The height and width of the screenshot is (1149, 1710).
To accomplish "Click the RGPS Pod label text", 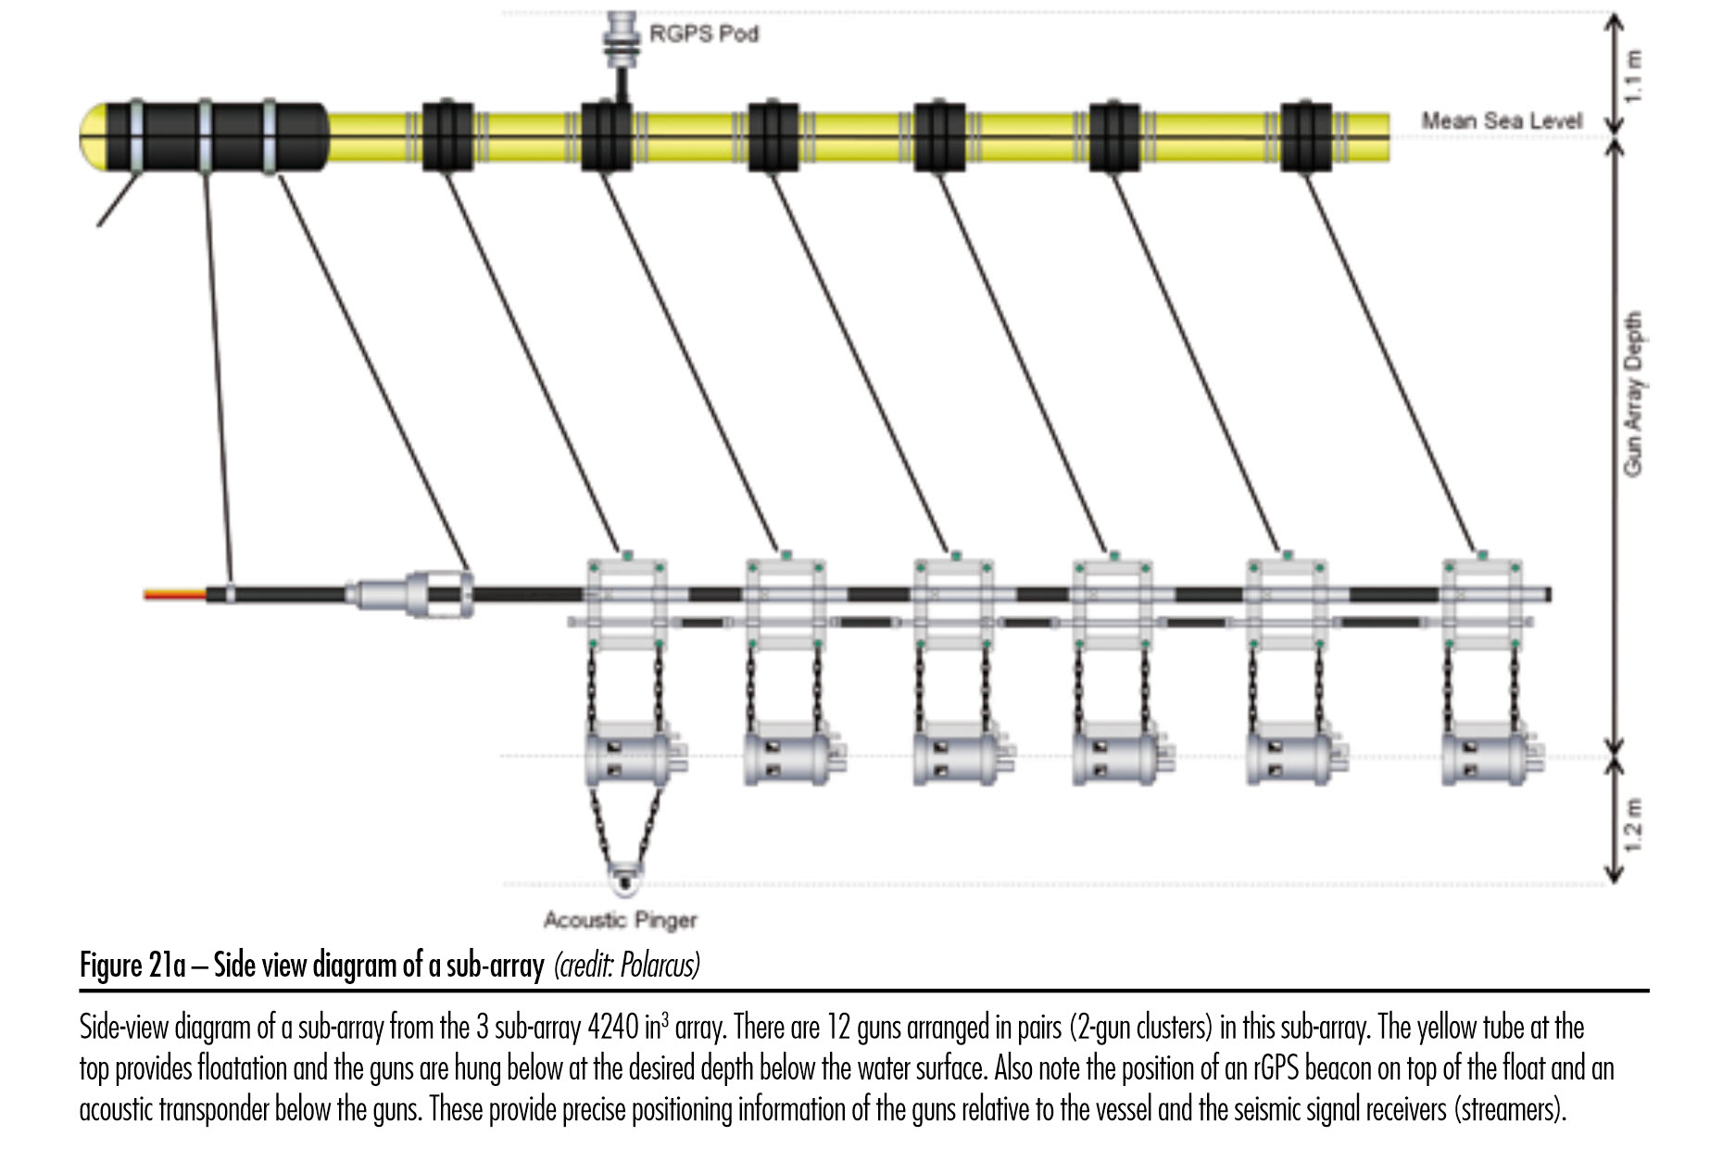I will [x=703, y=34].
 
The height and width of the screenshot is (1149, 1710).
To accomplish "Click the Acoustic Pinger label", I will [x=620, y=920].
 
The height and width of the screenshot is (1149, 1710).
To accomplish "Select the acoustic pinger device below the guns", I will [x=625, y=876].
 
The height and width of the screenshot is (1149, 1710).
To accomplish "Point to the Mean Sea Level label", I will [x=1502, y=120].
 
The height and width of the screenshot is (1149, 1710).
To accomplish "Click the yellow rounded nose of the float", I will [x=94, y=137].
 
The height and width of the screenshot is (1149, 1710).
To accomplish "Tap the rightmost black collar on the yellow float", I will [x=1306, y=136].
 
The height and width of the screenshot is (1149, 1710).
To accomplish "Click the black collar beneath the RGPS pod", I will [x=607, y=136].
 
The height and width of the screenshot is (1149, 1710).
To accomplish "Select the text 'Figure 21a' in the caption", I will [x=132, y=966].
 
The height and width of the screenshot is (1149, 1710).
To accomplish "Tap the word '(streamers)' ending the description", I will [x=1512, y=1109].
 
